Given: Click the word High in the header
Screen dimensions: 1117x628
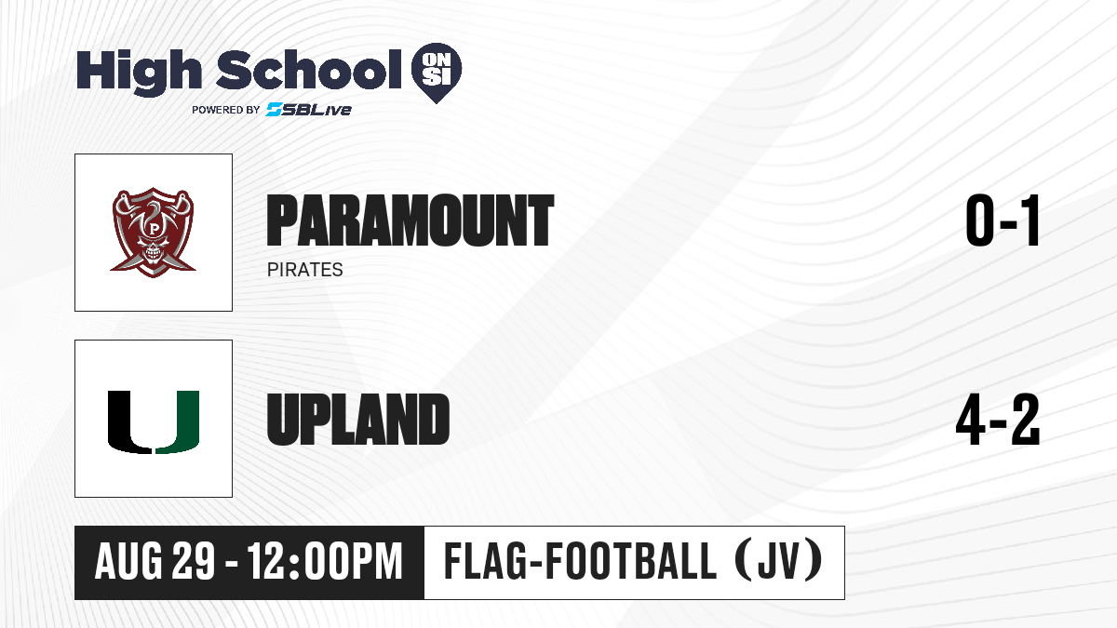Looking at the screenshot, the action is click(x=139, y=73).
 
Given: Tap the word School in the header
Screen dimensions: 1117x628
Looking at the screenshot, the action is click(x=309, y=70).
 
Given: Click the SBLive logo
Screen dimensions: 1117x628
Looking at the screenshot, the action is click(x=308, y=109).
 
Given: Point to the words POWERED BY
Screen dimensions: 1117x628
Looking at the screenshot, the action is click(x=226, y=110).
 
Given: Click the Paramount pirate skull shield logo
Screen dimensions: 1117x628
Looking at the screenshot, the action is click(x=153, y=233).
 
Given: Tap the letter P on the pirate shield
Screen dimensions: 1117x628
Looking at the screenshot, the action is click(x=153, y=229).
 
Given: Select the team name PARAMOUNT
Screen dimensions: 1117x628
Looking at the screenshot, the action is click(x=410, y=220).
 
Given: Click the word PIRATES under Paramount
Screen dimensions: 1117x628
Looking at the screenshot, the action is click(x=304, y=270).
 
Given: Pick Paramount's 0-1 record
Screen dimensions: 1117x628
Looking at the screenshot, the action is click(x=1003, y=220).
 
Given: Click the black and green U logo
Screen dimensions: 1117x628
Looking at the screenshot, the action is click(x=154, y=422).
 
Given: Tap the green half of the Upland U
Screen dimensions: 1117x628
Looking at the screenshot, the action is click(x=179, y=422).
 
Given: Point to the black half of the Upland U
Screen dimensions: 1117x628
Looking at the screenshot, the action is click(x=128, y=422).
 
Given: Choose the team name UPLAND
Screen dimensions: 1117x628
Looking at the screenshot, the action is click(x=358, y=420).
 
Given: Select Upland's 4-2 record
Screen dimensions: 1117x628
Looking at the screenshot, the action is click(x=998, y=420).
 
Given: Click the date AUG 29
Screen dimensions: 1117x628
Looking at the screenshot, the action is click(x=155, y=562).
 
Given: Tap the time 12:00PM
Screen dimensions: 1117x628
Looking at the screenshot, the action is click(x=325, y=562).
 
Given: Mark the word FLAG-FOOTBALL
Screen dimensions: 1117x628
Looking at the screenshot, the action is click(x=580, y=562).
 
